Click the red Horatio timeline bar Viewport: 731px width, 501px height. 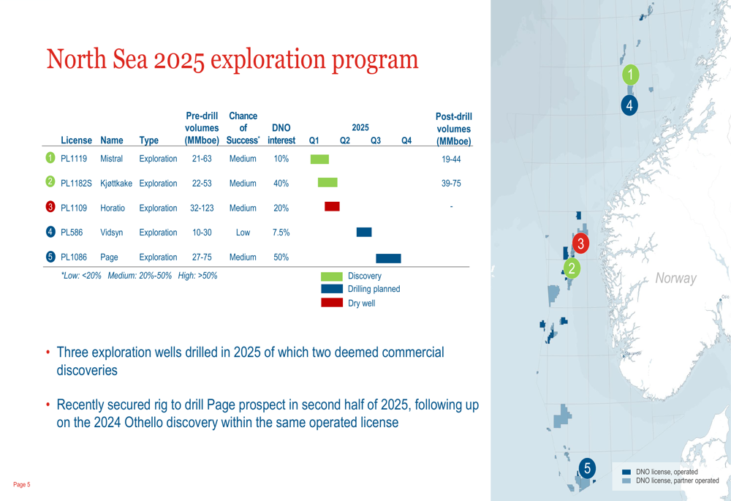tap(332, 206)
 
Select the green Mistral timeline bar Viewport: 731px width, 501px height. tap(319, 159)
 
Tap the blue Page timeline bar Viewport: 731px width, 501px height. tap(388, 258)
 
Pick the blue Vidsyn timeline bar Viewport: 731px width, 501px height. tap(364, 232)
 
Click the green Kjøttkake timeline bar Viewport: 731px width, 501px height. tap(327, 182)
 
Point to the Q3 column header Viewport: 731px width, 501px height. tap(375, 140)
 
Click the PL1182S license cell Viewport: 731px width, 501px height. tap(76, 184)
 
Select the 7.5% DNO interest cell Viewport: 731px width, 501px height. tap(281, 233)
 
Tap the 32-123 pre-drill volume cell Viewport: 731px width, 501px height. tap(202, 208)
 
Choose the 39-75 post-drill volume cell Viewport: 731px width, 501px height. tap(451, 184)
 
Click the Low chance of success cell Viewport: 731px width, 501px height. tap(243, 233)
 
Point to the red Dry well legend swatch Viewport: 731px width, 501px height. tap(332, 303)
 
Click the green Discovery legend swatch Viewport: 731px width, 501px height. tap(332, 276)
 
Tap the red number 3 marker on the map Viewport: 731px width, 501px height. tap(581, 243)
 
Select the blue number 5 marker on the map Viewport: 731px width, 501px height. tap(588, 467)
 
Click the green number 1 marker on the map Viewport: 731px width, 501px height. tap(631, 74)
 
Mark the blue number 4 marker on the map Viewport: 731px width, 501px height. tap(629, 105)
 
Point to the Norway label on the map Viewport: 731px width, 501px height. tap(676, 278)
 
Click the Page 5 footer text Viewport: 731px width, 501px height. tap(21, 485)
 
